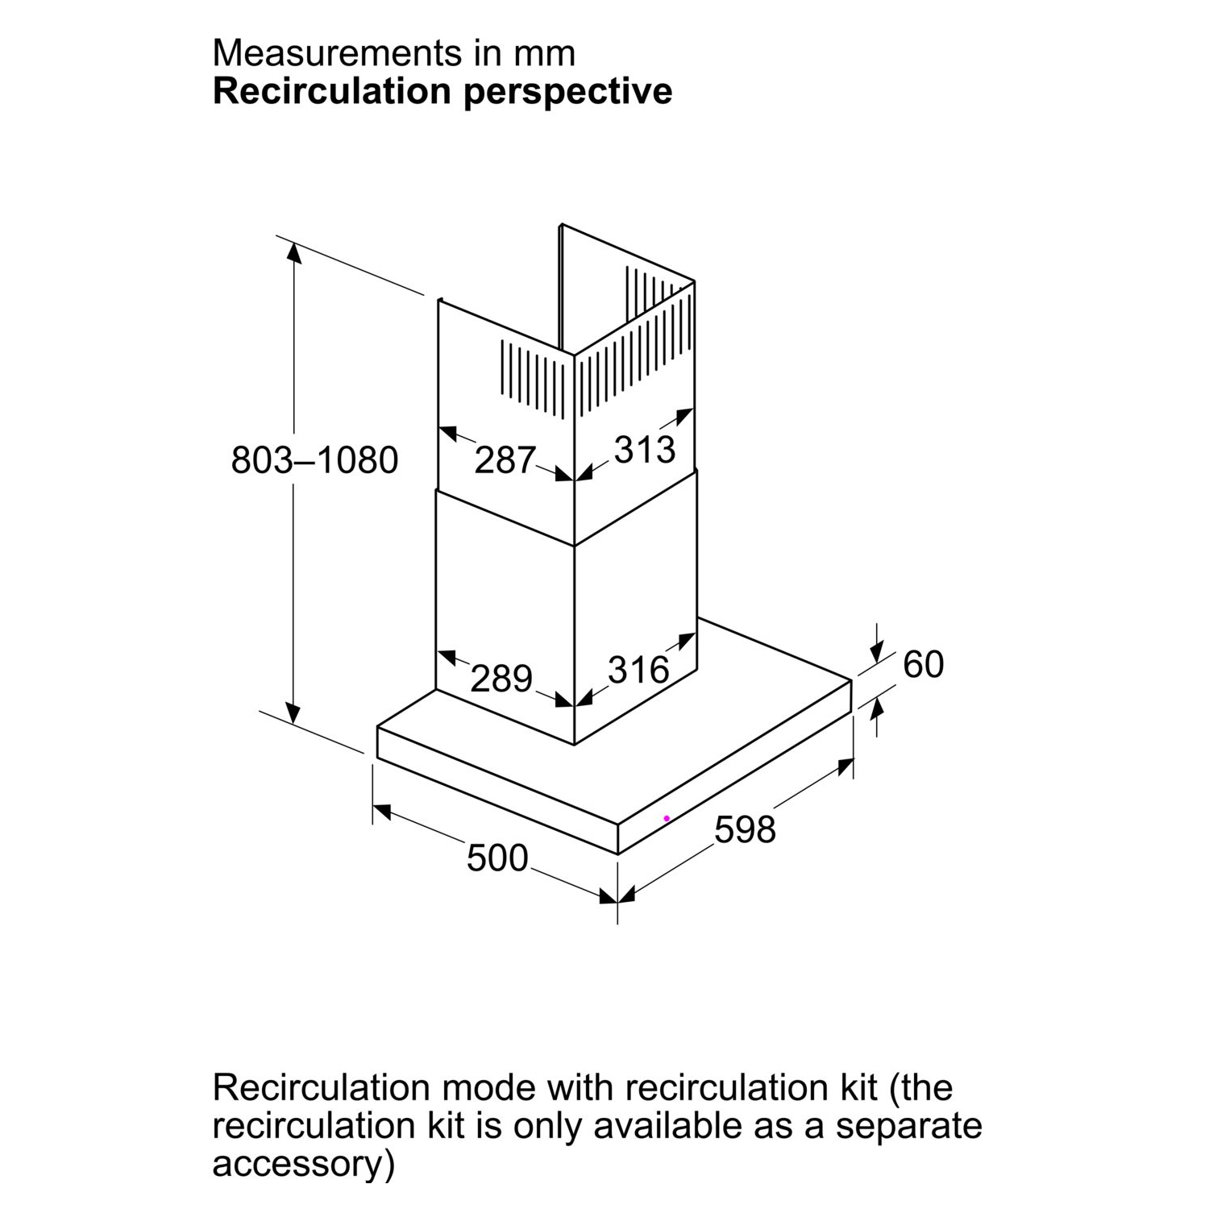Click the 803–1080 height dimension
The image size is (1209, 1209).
[x=314, y=460]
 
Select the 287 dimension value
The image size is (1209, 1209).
[x=505, y=460]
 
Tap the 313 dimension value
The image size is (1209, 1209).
[x=644, y=449]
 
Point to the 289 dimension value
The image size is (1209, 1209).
[x=501, y=678]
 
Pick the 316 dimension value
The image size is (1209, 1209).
[x=638, y=669]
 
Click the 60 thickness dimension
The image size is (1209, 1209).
[x=923, y=664]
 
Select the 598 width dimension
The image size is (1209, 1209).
[x=745, y=829]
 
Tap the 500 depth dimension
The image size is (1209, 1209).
[x=497, y=858]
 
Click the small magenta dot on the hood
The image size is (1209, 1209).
[x=667, y=818]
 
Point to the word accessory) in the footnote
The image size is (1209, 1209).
[x=304, y=1165]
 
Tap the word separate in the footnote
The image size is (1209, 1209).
[x=908, y=1126]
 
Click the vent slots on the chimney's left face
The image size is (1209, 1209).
[x=534, y=379]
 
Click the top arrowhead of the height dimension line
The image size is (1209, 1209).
[x=294, y=252]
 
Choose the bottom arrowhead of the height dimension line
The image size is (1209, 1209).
[x=293, y=712]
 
